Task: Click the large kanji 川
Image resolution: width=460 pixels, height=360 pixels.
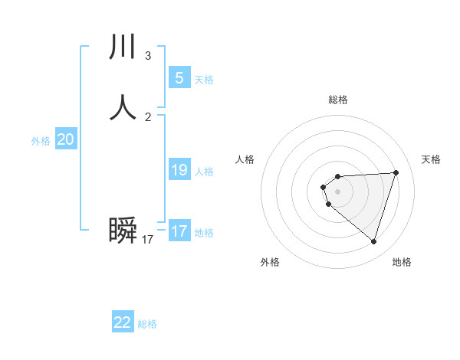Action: click(x=123, y=47)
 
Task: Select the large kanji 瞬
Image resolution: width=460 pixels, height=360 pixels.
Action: click(x=123, y=231)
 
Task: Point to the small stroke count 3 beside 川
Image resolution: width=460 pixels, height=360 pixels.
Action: click(x=147, y=56)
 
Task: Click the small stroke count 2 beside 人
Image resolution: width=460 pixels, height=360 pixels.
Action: click(x=147, y=117)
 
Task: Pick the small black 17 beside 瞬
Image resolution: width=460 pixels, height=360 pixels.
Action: click(x=147, y=240)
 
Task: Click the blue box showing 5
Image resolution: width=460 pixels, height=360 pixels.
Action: click(x=179, y=77)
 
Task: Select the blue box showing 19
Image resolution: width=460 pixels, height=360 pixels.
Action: click(x=179, y=170)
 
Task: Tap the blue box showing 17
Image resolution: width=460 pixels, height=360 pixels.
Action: click(x=179, y=231)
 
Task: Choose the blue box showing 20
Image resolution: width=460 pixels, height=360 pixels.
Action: click(x=66, y=139)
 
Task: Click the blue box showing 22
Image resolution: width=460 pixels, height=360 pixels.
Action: click(x=123, y=322)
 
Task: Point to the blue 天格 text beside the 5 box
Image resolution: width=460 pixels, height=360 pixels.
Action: click(x=204, y=80)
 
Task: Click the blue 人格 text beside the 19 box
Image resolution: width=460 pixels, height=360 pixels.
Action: click(x=204, y=172)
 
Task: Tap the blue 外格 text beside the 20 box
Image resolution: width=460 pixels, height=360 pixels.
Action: click(x=41, y=141)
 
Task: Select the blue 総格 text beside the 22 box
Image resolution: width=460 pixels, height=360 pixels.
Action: click(x=147, y=324)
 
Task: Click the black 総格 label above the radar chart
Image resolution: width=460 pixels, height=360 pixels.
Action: click(x=337, y=100)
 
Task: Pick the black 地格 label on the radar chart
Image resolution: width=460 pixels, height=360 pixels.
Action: click(x=402, y=262)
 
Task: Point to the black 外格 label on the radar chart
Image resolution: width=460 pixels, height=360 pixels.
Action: click(x=270, y=262)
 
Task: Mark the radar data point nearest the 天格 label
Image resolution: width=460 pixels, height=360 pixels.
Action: click(x=396, y=172)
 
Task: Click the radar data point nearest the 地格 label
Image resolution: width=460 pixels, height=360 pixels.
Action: click(x=373, y=241)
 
